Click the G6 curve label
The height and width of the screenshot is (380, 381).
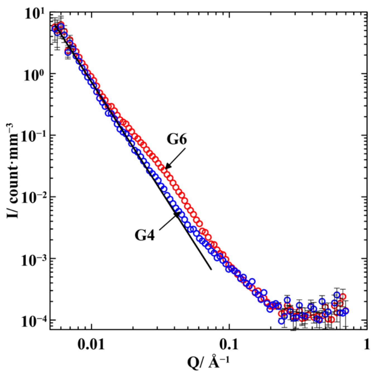(177, 139)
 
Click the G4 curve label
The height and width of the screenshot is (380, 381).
(145, 235)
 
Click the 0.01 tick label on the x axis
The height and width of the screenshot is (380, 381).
(91, 344)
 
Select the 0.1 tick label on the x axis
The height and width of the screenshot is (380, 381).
(229, 344)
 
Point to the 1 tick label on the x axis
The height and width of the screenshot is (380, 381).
(366, 344)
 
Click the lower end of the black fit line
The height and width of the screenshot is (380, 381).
(211, 270)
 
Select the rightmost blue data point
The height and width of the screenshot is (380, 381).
(346, 311)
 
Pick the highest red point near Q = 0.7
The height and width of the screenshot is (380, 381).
(343, 296)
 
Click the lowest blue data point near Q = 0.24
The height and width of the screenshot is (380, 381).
(281, 321)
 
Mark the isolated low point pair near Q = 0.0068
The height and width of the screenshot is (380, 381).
(68, 52)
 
